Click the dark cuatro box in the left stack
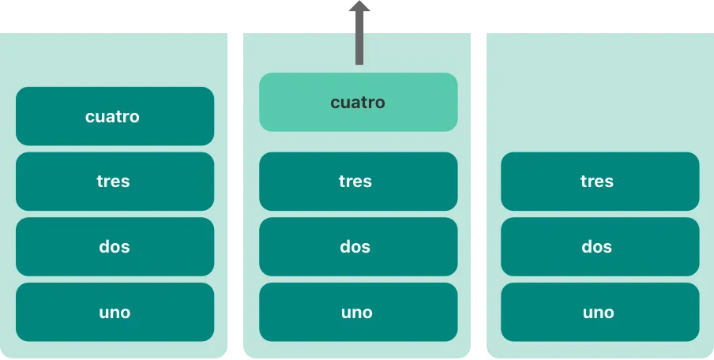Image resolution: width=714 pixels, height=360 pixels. point(115,116)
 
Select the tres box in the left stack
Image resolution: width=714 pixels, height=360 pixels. point(115,182)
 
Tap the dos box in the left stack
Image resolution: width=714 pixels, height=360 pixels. point(115,246)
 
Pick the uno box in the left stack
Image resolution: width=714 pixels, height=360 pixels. point(115,312)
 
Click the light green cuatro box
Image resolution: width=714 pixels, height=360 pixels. point(358,102)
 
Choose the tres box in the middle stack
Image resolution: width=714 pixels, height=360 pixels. point(358,182)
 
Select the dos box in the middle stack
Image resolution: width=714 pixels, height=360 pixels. point(358,246)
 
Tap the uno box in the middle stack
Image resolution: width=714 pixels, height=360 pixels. point(358,312)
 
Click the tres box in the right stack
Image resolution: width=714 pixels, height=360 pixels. point(599,182)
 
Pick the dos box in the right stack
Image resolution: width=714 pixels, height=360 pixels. point(599,246)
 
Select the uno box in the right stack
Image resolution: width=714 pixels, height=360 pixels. point(599,312)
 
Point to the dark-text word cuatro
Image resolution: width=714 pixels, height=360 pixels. point(358,103)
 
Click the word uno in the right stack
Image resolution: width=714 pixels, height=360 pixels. point(598,313)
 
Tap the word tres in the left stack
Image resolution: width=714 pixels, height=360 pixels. point(113,182)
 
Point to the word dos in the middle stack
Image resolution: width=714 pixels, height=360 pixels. point(355,247)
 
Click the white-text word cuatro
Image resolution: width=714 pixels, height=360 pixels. point(112,117)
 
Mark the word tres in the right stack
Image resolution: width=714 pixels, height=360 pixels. point(596,182)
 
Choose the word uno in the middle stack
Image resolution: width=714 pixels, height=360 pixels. point(356,313)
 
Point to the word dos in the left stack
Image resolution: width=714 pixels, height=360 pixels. point(115,247)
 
